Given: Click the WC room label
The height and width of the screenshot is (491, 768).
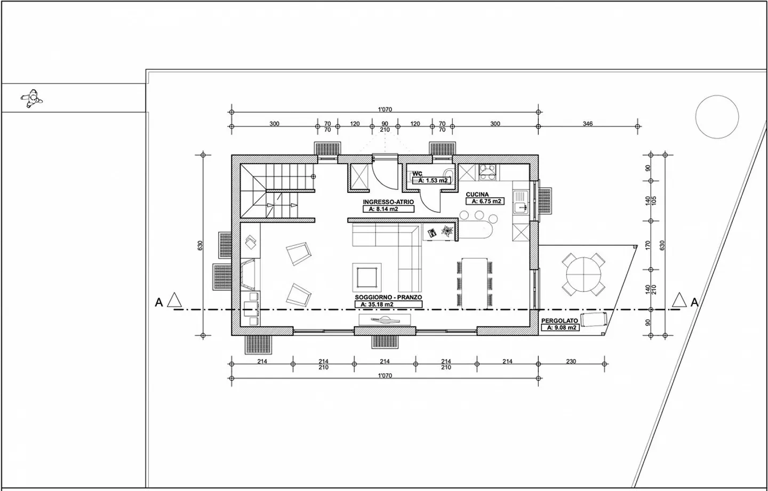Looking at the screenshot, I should [x=417, y=174].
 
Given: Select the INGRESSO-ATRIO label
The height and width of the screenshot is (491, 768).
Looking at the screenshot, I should [x=388, y=203].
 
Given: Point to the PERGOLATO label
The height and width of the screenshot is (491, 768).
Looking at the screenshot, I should [x=559, y=321].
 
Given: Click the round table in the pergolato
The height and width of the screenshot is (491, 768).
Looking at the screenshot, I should [x=583, y=272].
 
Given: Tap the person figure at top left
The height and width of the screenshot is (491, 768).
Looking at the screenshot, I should [x=31, y=98].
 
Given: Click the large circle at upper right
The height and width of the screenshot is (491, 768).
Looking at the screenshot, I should [x=717, y=117].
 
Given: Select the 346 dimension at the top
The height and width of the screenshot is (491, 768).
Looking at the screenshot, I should [x=587, y=124].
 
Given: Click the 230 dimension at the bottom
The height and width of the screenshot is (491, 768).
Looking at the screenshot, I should [x=570, y=361].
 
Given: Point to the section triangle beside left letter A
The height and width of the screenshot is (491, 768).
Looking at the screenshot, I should [x=174, y=300].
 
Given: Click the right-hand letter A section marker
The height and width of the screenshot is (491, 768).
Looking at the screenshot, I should [x=694, y=302].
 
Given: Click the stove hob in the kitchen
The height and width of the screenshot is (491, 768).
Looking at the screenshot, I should [x=487, y=171].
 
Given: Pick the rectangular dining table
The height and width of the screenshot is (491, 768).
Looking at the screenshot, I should [x=475, y=282].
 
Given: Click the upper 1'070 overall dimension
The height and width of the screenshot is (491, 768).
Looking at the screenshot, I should [x=385, y=109].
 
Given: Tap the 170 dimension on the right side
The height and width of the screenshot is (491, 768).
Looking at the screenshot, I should [x=648, y=245].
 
